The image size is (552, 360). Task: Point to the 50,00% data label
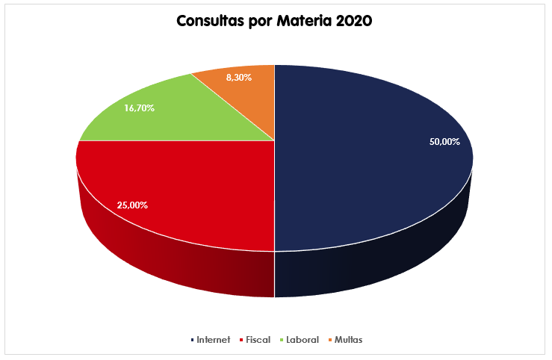click(444, 141)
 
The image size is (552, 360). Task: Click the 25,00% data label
click(132, 205)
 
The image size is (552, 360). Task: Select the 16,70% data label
click(140, 108)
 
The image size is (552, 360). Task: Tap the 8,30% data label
click(238, 76)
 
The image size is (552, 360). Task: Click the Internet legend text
click(214, 340)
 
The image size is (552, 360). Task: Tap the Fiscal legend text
click(258, 340)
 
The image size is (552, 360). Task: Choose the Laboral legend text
click(302, 340)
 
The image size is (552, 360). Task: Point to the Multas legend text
click(349, 340)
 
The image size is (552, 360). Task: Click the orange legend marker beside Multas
click(330, 341)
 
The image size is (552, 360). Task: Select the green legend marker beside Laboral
click(281, 341)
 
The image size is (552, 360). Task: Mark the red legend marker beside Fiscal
click(241, 341)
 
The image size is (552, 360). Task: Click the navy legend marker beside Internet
click(192, 341)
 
